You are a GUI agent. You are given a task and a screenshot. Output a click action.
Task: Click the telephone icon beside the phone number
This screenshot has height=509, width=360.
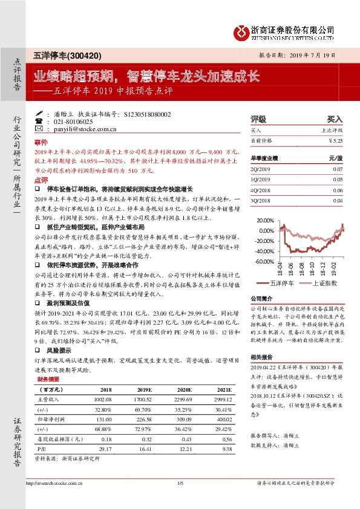pos(39,121)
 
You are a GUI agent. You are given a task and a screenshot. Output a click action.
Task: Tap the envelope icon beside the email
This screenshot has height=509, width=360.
pos(39,129)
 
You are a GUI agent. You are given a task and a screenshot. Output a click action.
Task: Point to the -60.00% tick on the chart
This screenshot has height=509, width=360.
pos(264,261)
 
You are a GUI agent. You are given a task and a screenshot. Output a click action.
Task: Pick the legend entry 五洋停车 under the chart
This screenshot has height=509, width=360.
pos(281,282)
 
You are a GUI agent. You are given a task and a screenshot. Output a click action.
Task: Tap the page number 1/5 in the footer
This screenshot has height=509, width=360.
pos(180,482)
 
